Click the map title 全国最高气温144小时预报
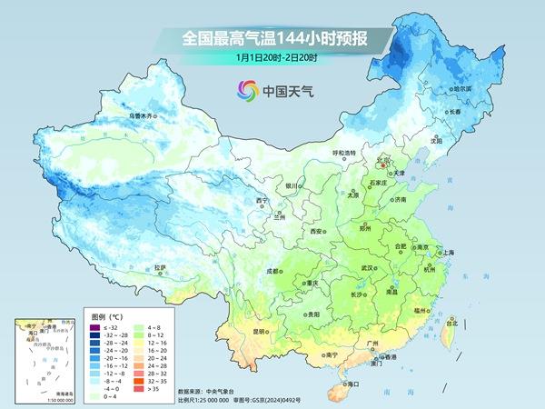click(x=272, y=38)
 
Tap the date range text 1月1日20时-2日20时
click(x=272, y=57)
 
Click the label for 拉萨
click(x=160, y=267)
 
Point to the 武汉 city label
click(x=368, y=268)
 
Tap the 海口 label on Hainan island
click(x=352, y=384)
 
